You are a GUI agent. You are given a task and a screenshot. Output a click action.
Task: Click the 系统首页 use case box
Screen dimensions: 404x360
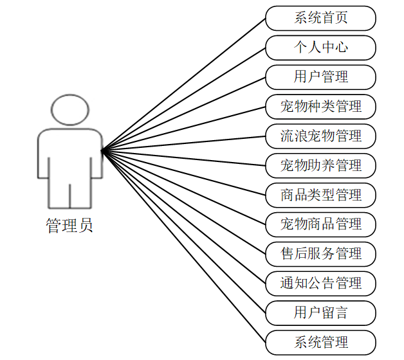[320, 18]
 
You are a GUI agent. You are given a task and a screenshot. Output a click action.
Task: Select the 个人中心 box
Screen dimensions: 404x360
[320, 48]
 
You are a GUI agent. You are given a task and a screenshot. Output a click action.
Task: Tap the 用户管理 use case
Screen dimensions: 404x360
[320, 77]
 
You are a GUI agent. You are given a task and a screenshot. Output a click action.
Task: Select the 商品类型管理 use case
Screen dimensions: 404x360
[320, 195]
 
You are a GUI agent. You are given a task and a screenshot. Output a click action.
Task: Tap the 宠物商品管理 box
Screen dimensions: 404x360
[320, 224]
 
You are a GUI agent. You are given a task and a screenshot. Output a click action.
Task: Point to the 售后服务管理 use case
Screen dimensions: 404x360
[320, 254]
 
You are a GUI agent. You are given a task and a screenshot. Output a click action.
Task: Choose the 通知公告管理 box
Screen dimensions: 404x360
[320, 283]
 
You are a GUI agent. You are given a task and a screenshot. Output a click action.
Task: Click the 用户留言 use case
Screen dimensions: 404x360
[320, 313]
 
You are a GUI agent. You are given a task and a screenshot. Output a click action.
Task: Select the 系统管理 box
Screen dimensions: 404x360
[320, 342]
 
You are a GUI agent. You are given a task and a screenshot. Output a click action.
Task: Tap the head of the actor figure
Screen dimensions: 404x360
[69, 110]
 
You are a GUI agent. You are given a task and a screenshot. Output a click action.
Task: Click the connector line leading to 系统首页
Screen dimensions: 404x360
[183, 84]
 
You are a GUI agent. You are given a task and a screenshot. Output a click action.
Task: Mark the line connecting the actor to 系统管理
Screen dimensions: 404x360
[183, 246]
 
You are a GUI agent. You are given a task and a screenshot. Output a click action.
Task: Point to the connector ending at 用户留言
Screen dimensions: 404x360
[183, 232]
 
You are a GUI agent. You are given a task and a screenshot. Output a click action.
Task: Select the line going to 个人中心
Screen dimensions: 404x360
[183, 99]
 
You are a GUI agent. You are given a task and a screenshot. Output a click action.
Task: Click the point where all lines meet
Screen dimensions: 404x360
[102, 151]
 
